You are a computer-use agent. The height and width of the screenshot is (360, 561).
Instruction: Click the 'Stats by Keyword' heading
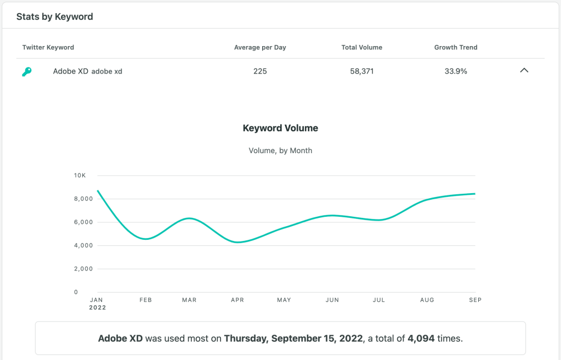tap(54, 16)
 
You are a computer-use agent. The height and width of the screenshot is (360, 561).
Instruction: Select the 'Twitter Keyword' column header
tap(48, 47)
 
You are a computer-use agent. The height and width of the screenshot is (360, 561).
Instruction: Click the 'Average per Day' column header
tap(260, 47)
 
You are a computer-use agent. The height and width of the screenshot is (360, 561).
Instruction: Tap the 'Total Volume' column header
tap(361, 47)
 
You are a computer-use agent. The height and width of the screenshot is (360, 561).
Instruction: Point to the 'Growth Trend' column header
tap(456, 47)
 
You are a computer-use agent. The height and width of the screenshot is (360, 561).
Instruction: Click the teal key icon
tap(26, 71)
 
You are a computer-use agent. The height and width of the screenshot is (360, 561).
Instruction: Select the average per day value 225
tap(260, 71)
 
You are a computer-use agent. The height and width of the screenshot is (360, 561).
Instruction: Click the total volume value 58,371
tap(361, 71)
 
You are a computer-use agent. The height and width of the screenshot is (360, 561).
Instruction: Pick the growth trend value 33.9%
tap(456, 71)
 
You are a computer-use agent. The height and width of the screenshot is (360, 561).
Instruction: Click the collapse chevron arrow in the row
tap(524, 71)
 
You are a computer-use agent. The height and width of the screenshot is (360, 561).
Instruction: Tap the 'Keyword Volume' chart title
tap(280, 128)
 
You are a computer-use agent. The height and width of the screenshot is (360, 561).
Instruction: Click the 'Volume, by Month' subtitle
tap(280, 150)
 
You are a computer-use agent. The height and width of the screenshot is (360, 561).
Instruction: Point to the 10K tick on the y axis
tap(80, 176)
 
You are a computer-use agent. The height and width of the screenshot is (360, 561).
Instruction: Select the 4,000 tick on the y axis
tap(83, 245)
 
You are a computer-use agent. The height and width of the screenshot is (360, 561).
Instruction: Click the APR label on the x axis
tap(237, 300)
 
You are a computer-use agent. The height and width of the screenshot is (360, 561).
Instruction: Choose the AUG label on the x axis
tap(427, 300)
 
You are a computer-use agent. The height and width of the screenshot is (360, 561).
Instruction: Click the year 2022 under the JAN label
tap(97, 308)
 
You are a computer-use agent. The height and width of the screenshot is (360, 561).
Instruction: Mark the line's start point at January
tap(97, 190)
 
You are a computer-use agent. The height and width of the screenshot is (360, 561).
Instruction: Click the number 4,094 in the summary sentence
tap(421, 339)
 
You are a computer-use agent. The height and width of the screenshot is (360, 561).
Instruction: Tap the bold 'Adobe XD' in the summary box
tap(120, 339)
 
